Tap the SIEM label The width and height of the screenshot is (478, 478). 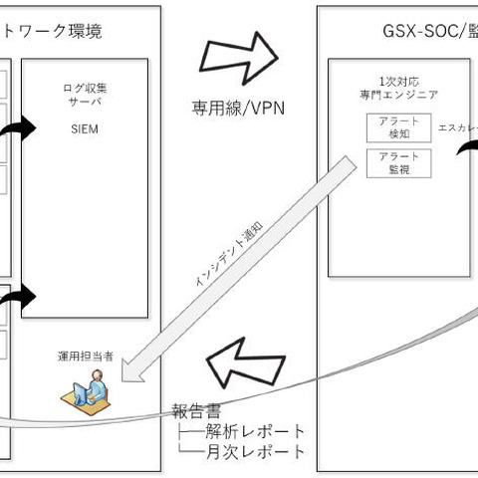[x=85, y=129]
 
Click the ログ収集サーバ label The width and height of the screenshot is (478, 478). [x=85, y=95]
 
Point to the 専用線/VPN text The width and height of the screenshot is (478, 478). [x=240, y=107]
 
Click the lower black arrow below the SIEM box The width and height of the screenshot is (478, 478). [x=19, y=296]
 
